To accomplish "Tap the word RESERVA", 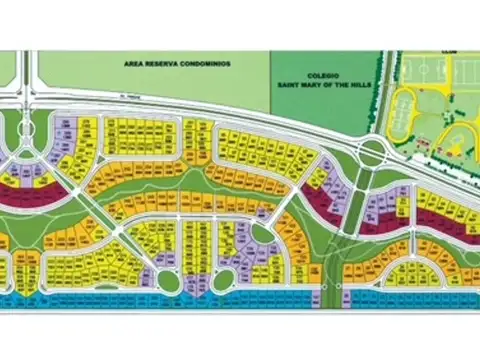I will (x=164, y=63).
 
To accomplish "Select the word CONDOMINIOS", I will (x=206, y=63).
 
